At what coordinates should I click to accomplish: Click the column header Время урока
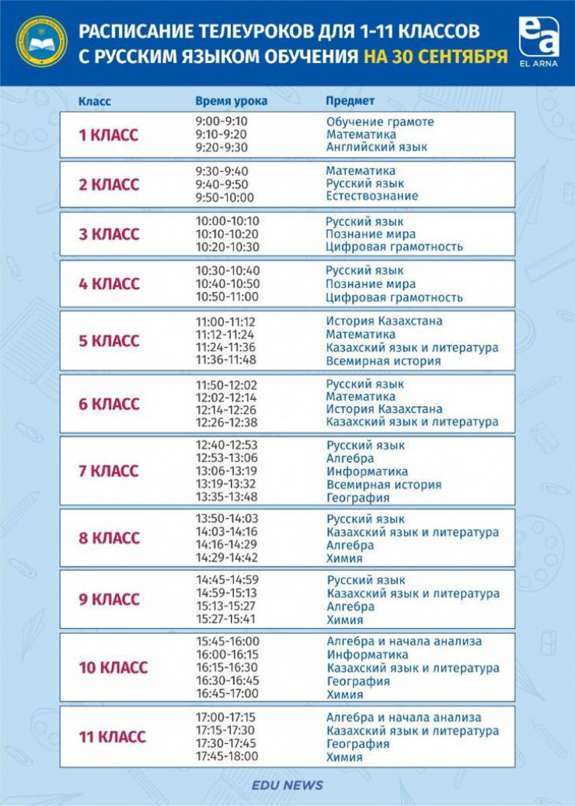point(231,101)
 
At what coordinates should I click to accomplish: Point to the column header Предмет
point(350,101)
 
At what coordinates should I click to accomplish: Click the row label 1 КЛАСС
point(108,135)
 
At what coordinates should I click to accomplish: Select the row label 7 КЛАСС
point(108,471)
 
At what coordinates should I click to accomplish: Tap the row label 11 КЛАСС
point(112,737)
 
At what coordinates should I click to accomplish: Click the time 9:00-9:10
point(221,122)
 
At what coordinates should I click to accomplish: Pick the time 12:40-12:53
point(226,446)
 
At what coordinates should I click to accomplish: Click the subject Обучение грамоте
point(380,122)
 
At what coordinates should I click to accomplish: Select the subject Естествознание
point(371,196)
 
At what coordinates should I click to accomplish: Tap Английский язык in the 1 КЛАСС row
point(376,147)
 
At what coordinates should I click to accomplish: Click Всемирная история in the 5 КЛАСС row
point(383,361)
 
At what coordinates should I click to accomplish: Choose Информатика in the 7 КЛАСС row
point(367,471)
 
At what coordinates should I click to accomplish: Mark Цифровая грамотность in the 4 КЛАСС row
point(394,297)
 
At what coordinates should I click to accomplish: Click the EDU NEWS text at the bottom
point(287,785)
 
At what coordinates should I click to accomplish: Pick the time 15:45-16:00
point(227,642)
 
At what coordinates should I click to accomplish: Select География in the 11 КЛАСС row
point(357,744)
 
